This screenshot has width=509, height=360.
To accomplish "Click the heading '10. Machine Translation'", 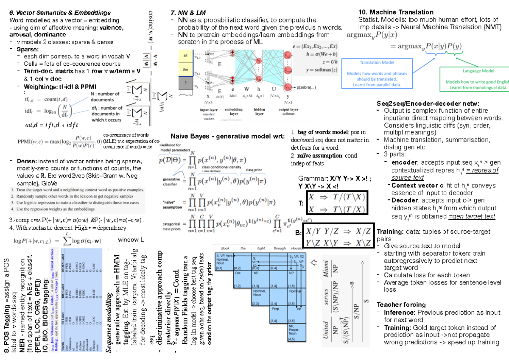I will [x=396, y=12].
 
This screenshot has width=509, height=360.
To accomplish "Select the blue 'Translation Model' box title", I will [x=377, y=62].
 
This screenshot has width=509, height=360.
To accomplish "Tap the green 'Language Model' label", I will [x=478, y=71].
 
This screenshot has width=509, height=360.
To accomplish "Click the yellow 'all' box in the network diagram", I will [x=185, y=56].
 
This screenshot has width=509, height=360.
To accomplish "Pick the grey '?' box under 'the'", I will [x=185, y=83].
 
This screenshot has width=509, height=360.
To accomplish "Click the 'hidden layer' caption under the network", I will [x=259, y=112].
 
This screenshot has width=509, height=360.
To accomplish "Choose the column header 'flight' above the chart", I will [x=261, y=248].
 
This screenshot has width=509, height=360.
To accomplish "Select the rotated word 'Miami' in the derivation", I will [x=326, y=268].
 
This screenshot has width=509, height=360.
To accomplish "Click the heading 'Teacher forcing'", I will [x=401, y=304].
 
